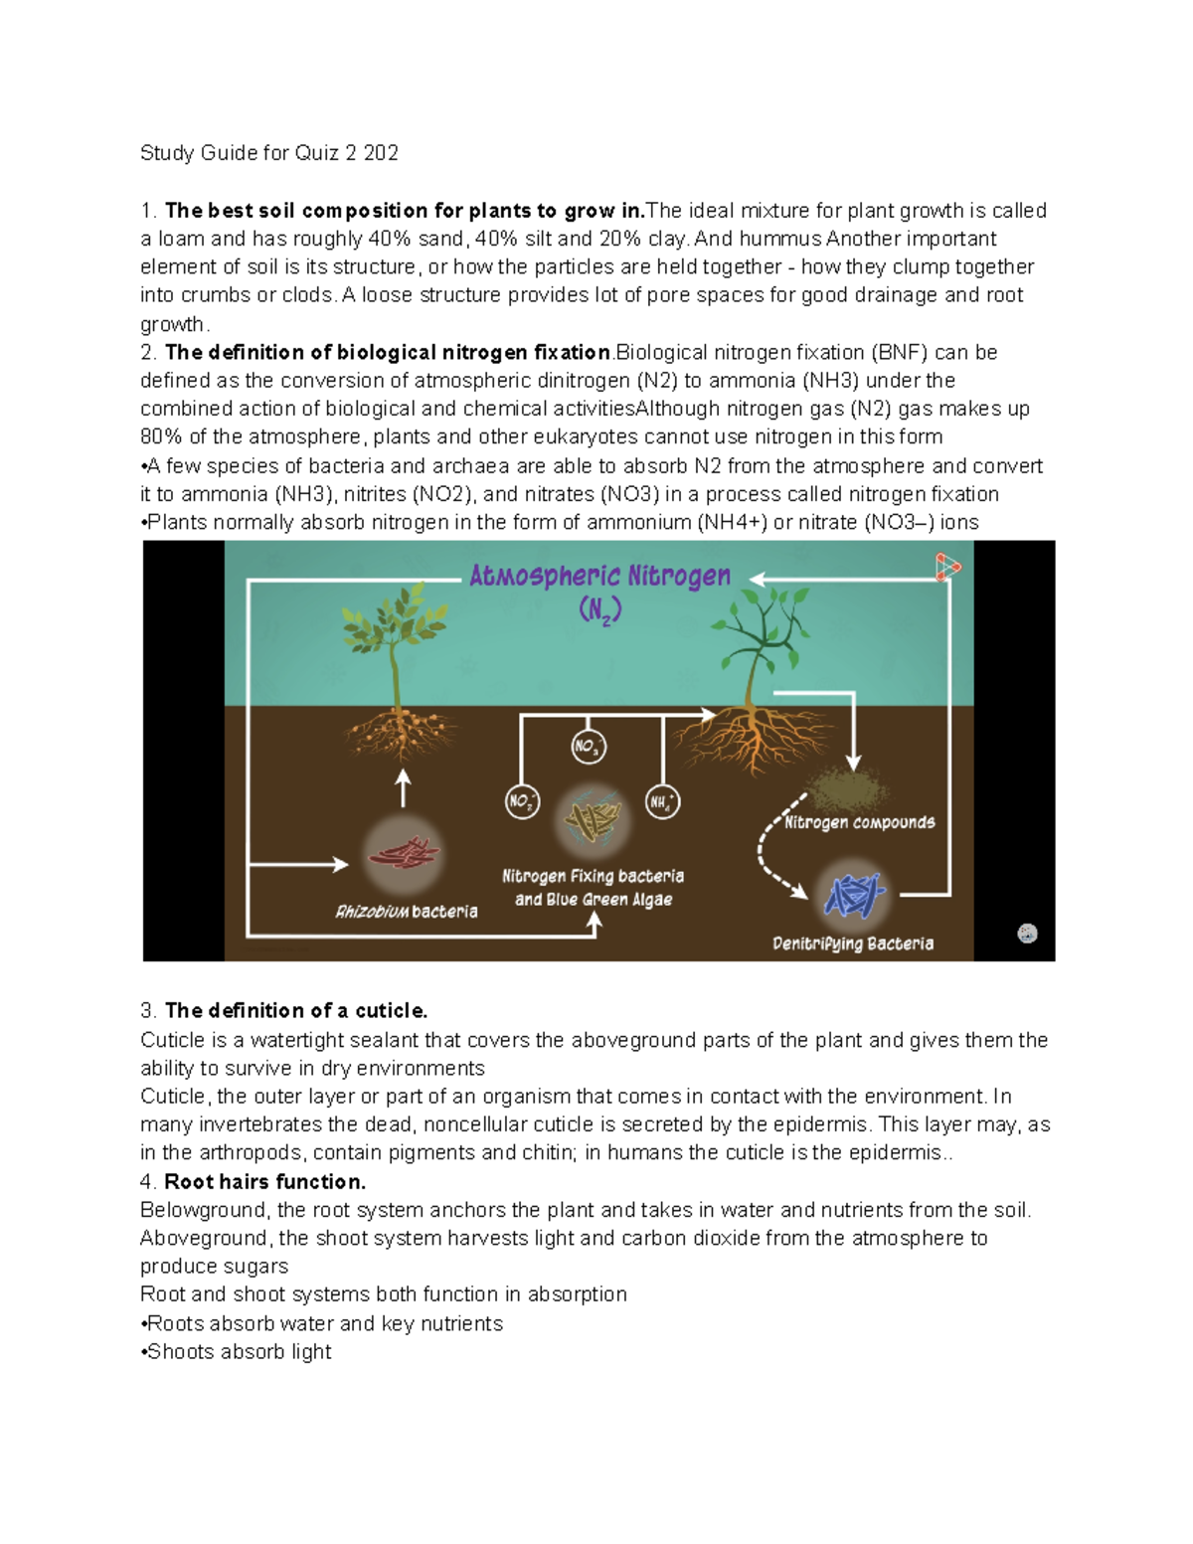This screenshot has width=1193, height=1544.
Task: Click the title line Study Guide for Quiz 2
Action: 268,153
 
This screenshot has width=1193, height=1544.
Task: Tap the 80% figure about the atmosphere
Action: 161,437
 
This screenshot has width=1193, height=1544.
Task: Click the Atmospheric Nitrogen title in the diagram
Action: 599,577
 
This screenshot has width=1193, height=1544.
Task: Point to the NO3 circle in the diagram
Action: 589,746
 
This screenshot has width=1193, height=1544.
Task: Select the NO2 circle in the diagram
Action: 522,801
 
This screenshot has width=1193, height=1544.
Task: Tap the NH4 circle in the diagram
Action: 662,801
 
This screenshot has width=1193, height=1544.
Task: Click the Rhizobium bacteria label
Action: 406,912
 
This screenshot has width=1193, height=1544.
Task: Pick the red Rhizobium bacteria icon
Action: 403,853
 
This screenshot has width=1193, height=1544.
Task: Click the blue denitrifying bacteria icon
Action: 853,895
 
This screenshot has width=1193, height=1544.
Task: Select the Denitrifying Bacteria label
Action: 853,944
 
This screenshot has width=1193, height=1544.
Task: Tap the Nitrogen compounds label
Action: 859,822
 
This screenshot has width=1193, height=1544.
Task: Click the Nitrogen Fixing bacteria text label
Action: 593,877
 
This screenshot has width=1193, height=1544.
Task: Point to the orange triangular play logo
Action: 946,568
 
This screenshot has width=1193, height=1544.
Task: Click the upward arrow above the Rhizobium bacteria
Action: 403,788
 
